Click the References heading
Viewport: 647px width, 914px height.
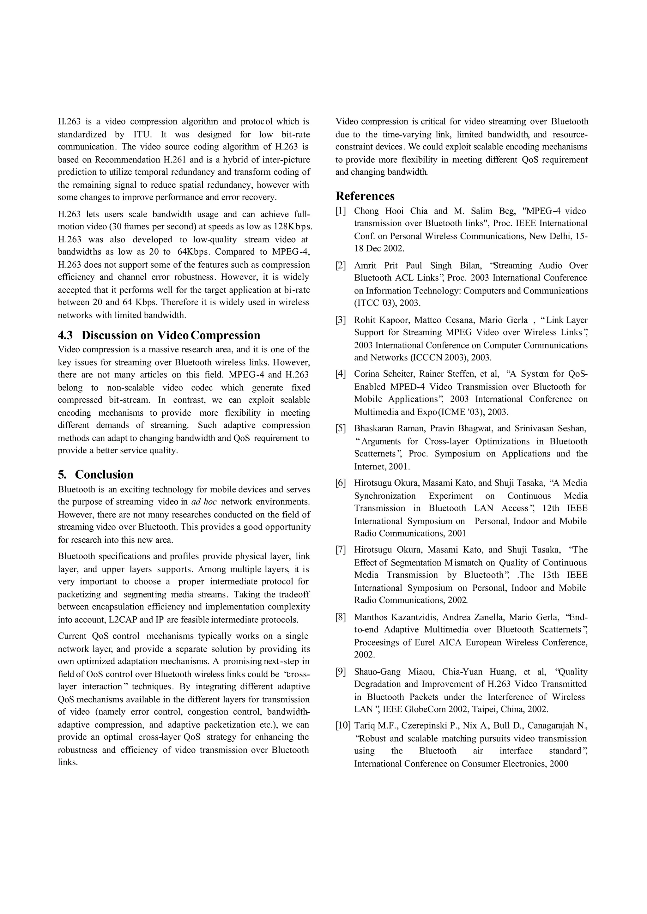point(365,196)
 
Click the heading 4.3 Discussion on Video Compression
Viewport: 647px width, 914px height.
point(159,335)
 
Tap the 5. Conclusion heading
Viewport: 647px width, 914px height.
point(96,474)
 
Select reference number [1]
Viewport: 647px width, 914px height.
point(341,211)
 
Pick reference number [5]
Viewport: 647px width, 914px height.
point(341,428)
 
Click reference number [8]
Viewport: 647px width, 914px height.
point(341,617)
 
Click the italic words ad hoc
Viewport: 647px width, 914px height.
point(204,502)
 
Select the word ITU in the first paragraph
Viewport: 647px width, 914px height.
point(141,134)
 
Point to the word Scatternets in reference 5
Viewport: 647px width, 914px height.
point(374,453)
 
